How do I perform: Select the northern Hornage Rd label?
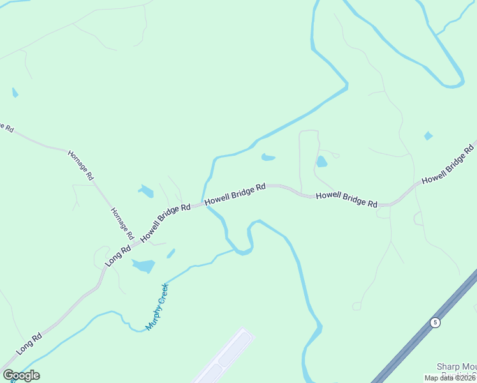pyautogui.click(x=81, y=165)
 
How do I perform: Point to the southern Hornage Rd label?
pyautogui.click(x=121, y=223)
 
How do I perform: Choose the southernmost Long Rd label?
pyautogui.click(x=29, y=343)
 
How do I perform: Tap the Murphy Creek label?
pyautogui.click(x=157, y=306)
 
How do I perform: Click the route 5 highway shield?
pyautogui.click(x=435, y=322)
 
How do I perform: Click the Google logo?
pyautogui.click(x=20, y=375)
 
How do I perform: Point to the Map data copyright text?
pyautogui.click(x=450, y=378)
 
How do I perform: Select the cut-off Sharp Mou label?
pyautogui.click(x=457, y=366)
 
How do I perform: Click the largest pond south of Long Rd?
pyautogui.click(x=144, y=266)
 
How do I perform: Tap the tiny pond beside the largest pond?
pyautogui.click(x=171, y=253)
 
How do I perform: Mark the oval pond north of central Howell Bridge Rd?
pyautogui.click(x=268, y=157)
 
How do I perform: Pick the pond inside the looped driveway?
pyautogui.click(x=322, y=161)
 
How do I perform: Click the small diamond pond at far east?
pyautogui.click(x=428, y=136)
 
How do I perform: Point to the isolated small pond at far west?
pyautogui.click(x=15, y=93)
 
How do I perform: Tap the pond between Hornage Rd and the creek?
pyautogui.click(x=146, y=191)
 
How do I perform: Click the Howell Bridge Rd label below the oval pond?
pyautogui.click(x=235, y=195)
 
